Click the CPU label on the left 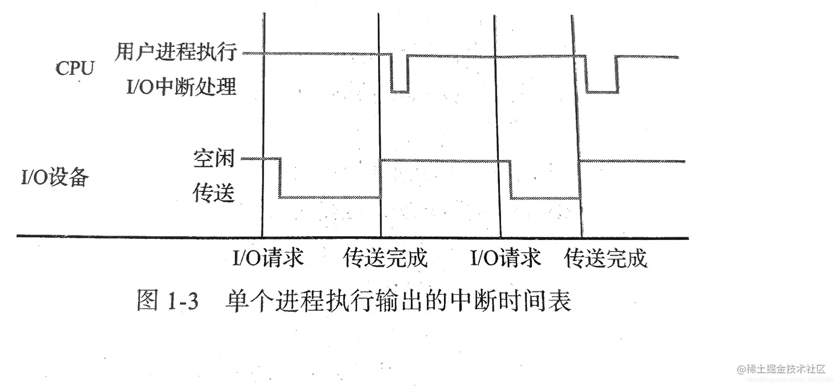[75, 69]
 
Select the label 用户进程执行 [177, 53]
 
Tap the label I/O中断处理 [181, 87]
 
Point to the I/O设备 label [54, 179]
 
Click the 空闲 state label [214, 159]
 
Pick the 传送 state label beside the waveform [214, 194]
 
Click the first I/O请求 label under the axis [268, 258]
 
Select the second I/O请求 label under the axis [505, 258]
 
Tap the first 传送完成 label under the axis [386, 258]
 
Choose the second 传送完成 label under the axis [606, 258]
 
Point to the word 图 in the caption [147, 303]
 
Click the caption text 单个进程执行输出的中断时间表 [398, 302]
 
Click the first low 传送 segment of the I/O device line [330, 197]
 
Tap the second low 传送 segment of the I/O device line [545, 197]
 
